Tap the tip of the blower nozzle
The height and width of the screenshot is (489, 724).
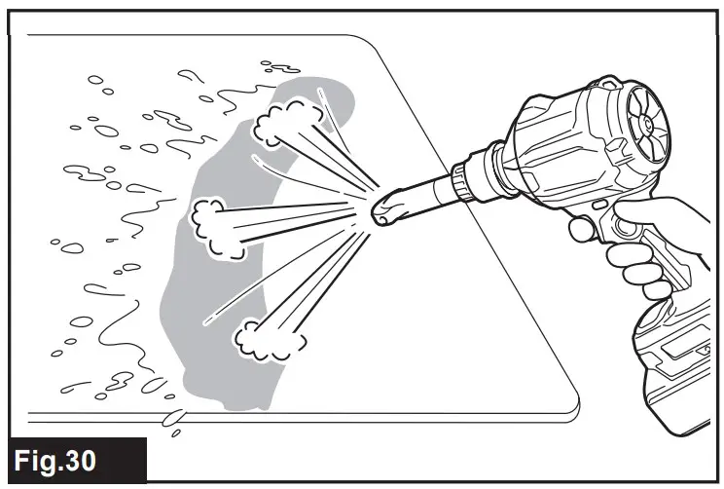point(382,209)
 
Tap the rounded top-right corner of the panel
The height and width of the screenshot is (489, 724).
point(375,44)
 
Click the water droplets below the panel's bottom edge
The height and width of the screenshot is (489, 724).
point(175,420)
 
